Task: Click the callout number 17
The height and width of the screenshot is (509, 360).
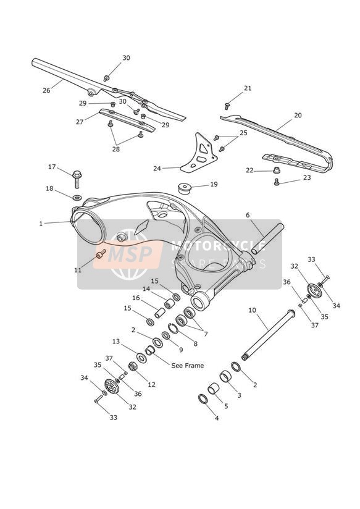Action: [52, 167]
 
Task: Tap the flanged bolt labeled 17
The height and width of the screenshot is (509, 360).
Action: [77, 179]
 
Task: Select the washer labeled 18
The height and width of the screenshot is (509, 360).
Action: [77, 197]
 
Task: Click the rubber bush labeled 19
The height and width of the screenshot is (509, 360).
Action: [185, 188]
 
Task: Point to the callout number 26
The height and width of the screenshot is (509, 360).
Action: [46, 90]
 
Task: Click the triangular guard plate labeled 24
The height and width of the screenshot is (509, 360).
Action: [199, 153]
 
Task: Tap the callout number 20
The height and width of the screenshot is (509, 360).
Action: [298, 116]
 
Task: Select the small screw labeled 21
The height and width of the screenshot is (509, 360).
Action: [227, 106]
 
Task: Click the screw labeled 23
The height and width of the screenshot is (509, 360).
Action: [277, 182]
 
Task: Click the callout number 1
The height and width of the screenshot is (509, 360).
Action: [41, 224]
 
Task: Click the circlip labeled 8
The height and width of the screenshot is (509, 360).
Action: [174, 328]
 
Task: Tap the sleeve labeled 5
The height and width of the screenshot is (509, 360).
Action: [213, 389]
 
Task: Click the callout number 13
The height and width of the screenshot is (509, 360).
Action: [116, 341]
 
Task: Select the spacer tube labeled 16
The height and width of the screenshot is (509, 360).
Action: [159, 313]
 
